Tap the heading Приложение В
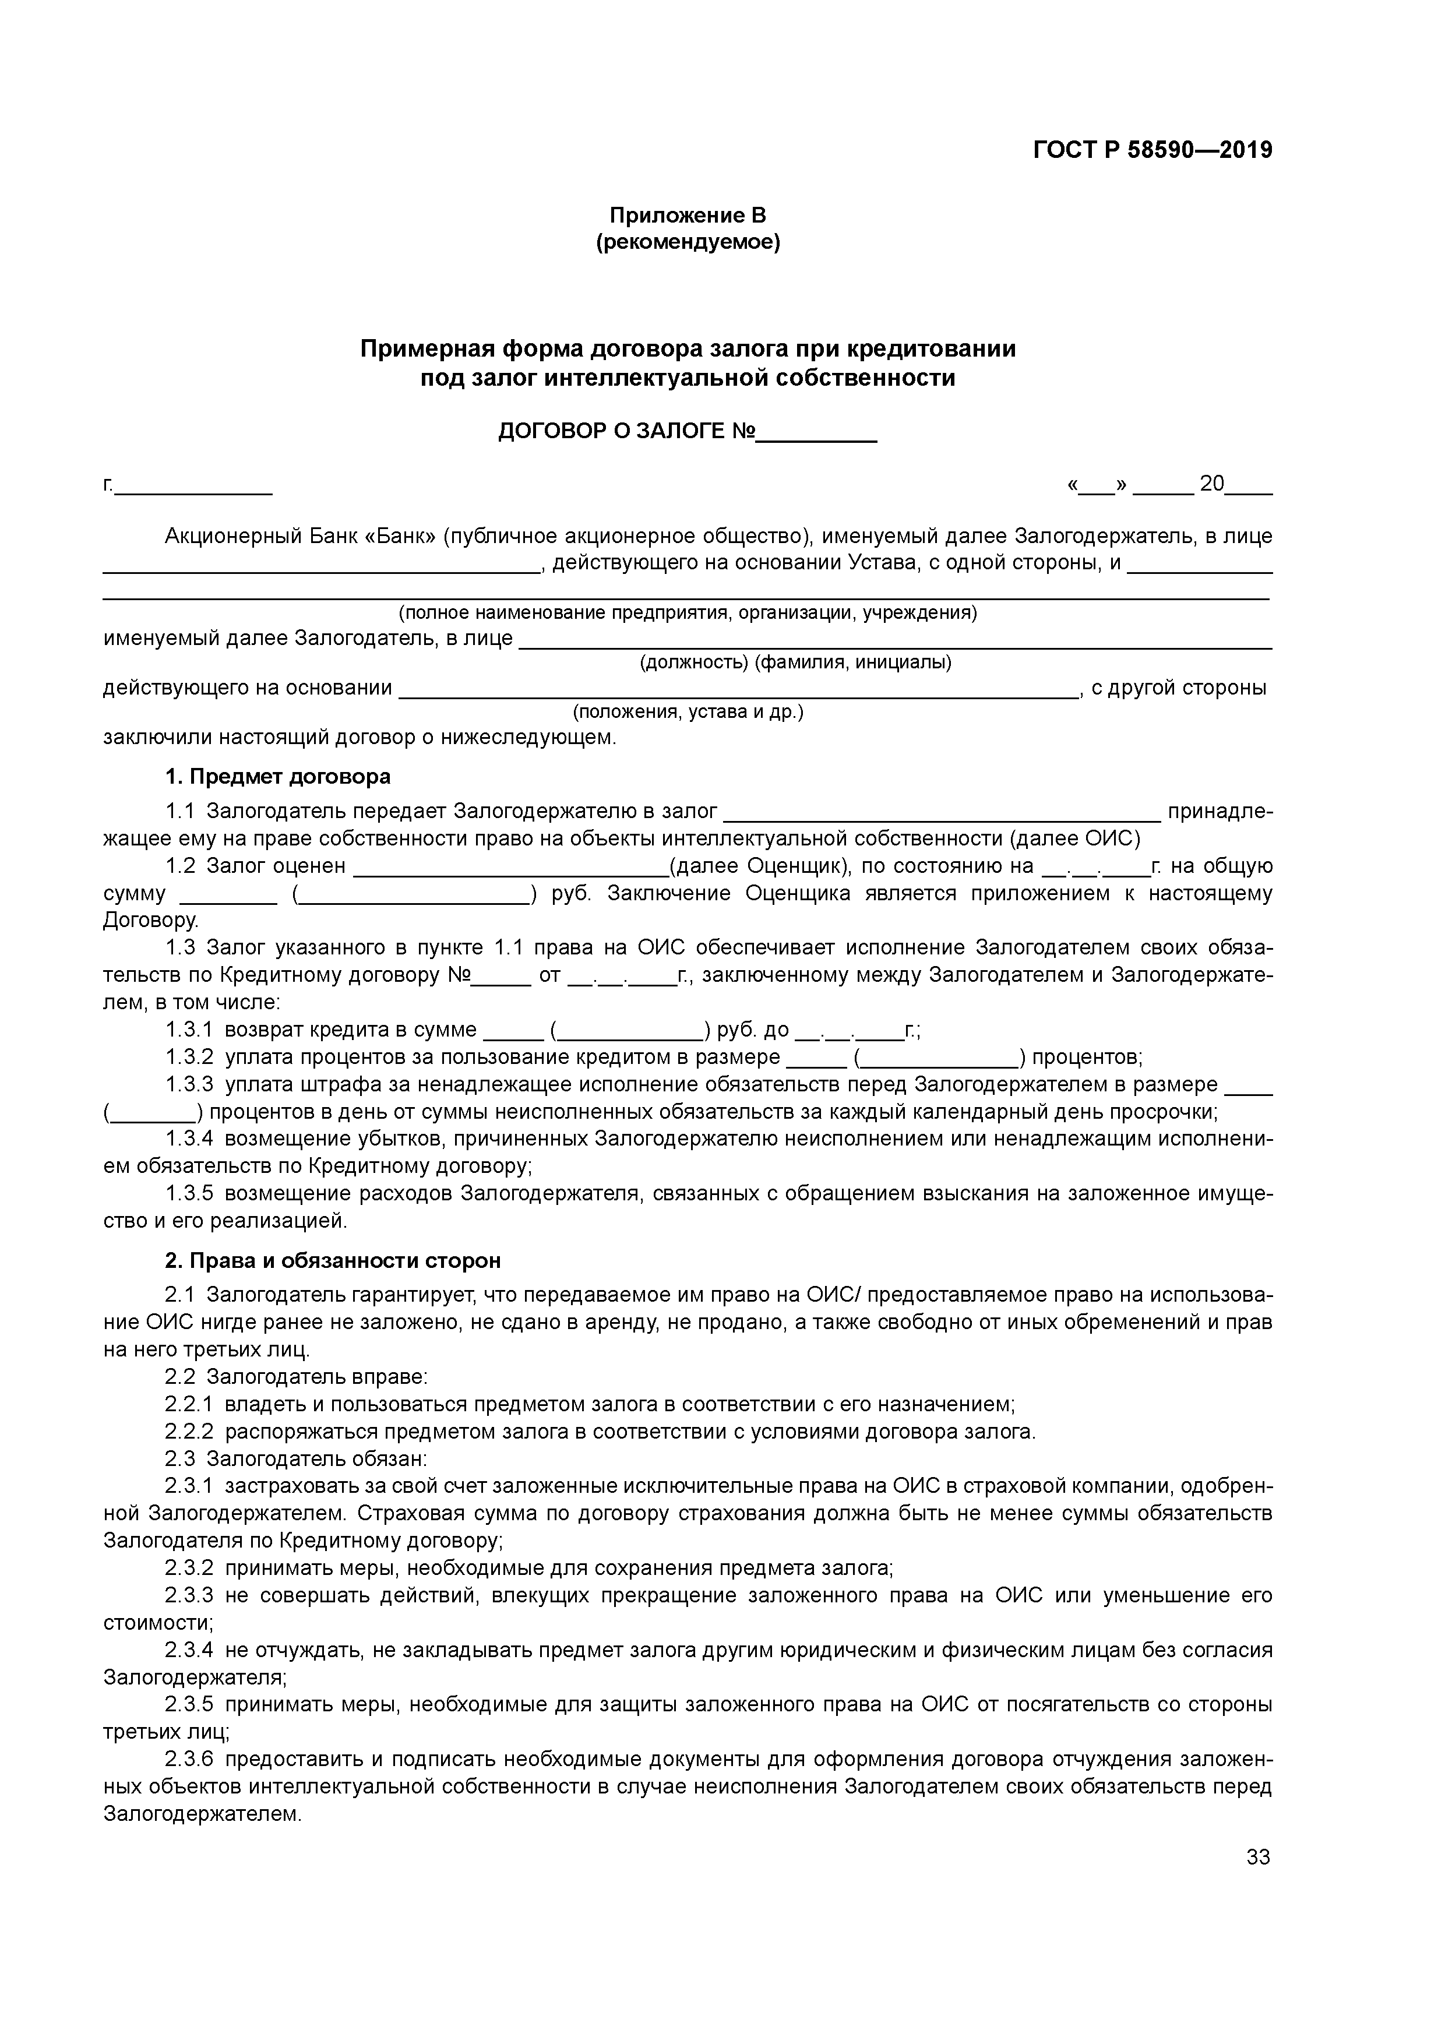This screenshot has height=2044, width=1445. [x=688, y=216]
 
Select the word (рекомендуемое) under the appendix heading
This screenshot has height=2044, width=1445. [x=688, y=242]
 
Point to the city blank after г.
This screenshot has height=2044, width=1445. [x=193, y=487]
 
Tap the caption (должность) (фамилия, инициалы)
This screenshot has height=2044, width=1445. [x=796, y=662]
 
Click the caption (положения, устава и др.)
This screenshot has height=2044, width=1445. [x=688, y=712]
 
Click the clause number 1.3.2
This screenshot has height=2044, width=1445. [x=189, y=1058]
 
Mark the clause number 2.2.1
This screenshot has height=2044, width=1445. [x=189, y=1405]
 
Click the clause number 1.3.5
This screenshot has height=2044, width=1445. [x=189, y=1194]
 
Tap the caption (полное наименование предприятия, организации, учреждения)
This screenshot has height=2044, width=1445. [x=688, y=614]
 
